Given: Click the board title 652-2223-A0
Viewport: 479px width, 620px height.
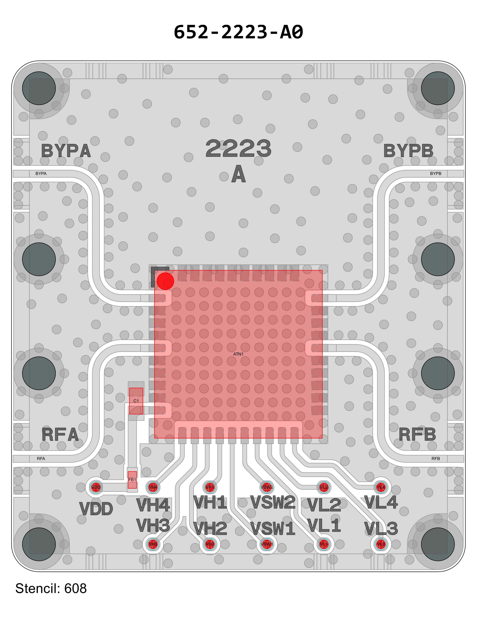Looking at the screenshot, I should [x=238, y=32].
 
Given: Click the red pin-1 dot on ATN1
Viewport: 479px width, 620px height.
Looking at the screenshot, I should [x=165, y=281].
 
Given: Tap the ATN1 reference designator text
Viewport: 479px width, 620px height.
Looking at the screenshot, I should [x=238, y=354].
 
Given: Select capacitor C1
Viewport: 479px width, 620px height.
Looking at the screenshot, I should [x=136, y=401].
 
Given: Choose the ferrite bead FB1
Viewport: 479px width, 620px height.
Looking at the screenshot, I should [x=132, y=480].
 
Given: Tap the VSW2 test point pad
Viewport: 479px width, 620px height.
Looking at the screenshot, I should [x=267, y=487].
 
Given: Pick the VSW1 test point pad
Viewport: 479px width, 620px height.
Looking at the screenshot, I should [x=267, y=544].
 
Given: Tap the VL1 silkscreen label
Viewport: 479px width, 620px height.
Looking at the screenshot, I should [x=324, y=526].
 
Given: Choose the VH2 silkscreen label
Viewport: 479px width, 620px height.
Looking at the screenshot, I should [x=210, y=529].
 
